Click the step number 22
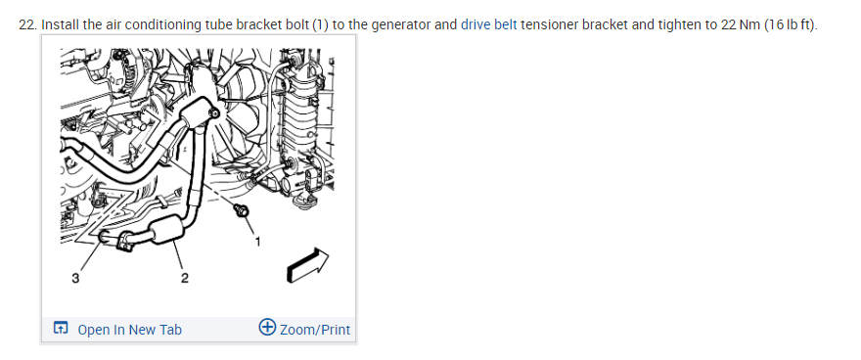pyautogui.click(x=27, y=25)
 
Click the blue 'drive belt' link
pyautogui.click(x=488, y=25)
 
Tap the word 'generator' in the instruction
pyautogui.click(x=401, y=25)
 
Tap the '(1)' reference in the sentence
pyautogui.click(x=320, y=25)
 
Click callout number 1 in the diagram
pyautogui.click(x=257, y=241)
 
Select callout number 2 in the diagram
pyautogui.click(x=185, y=278)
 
